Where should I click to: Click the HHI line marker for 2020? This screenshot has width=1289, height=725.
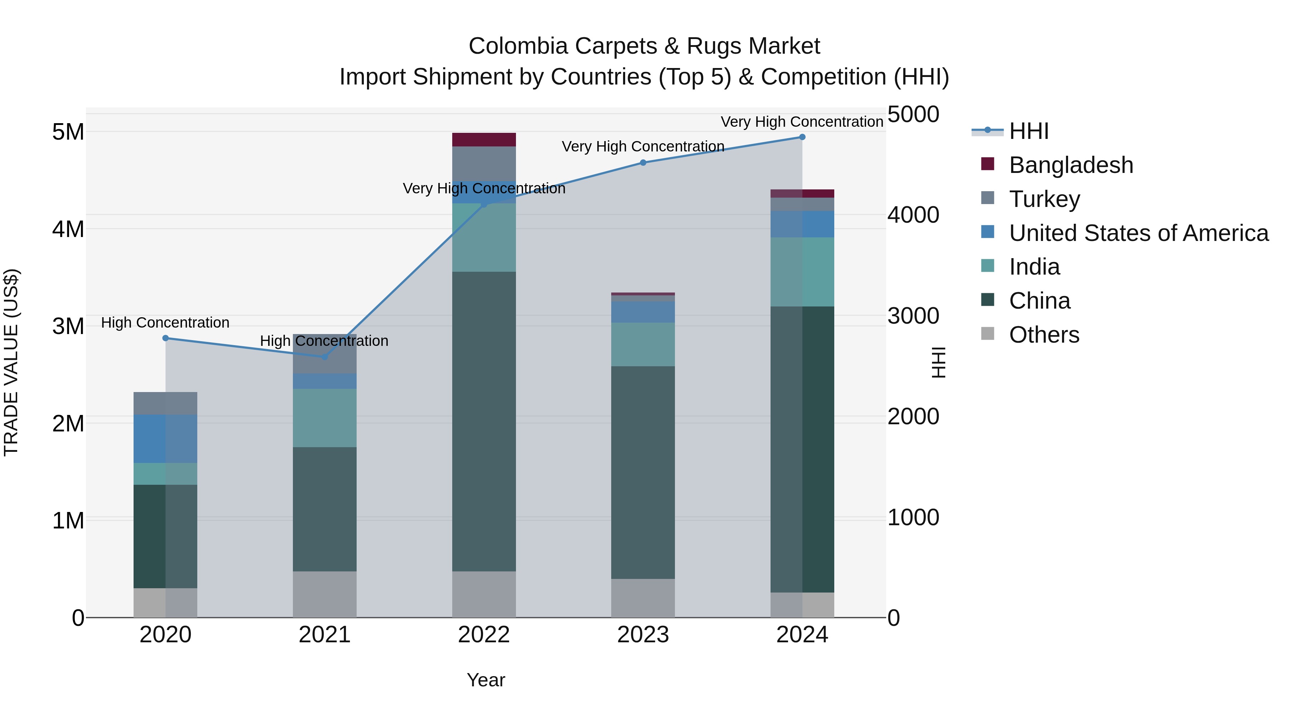[x=166, y=338]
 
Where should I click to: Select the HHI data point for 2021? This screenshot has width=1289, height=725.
[x=324, y=357]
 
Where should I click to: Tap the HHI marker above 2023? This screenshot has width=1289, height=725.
[x=643, y=163]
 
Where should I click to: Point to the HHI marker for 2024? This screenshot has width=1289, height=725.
[x=802, y=137]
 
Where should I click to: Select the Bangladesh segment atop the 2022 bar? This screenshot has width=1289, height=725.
[x=484, y=140]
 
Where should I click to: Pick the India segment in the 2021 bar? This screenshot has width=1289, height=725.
[x=324, y=418]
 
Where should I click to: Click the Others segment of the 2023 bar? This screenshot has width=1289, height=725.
[x=643, y=598]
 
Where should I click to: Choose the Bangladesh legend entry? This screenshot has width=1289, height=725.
[x=1071, y=165]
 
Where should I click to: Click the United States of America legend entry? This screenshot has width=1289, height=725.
[x=1138, y=233]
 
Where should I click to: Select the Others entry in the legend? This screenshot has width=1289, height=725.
[x=1044, y=335]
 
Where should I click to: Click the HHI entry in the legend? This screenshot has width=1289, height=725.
[x=1028, y=131]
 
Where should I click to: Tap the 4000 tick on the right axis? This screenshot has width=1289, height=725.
[x=913, y=215]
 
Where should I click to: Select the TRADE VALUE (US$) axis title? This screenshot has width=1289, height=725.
[x=11, y=362]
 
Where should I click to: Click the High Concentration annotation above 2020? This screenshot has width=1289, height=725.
[x=165, y=323]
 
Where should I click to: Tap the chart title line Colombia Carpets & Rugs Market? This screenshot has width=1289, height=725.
[x=644, y=46]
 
